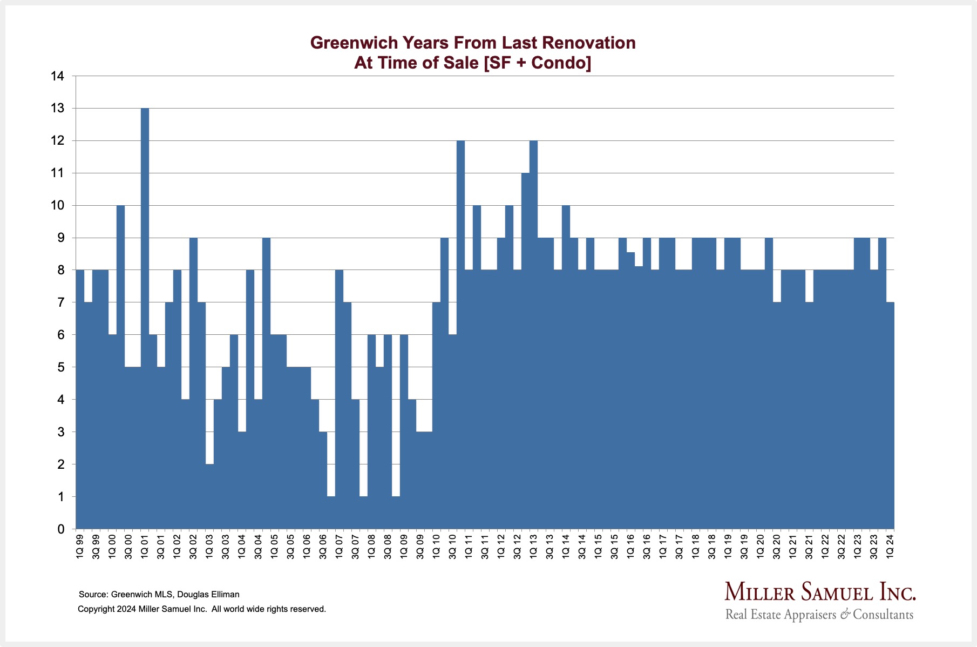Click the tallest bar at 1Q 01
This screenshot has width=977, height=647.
(145, 319)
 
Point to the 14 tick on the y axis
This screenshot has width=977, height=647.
(57, 76)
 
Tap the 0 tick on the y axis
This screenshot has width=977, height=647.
(60, 529)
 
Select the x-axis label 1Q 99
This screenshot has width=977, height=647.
(80, 546)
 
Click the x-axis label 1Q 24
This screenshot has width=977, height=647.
(890, 546)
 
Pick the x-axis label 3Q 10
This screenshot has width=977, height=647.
(452, 546)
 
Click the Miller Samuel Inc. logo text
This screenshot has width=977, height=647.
(820, 592)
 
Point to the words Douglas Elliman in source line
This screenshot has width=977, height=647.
(208, 595)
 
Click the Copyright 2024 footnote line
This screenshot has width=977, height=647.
(202, 609)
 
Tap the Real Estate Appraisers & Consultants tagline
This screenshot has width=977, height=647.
(819, 615)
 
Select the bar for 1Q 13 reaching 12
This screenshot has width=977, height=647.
(534, 335)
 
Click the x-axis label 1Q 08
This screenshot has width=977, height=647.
(371, 546)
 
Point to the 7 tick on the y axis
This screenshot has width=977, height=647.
(60, 302)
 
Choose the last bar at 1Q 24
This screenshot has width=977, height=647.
(890, 416)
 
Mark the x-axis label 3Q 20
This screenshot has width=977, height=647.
(777, 546)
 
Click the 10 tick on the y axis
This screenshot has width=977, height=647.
(57, 206)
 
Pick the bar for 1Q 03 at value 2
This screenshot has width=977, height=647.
(209, 496)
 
